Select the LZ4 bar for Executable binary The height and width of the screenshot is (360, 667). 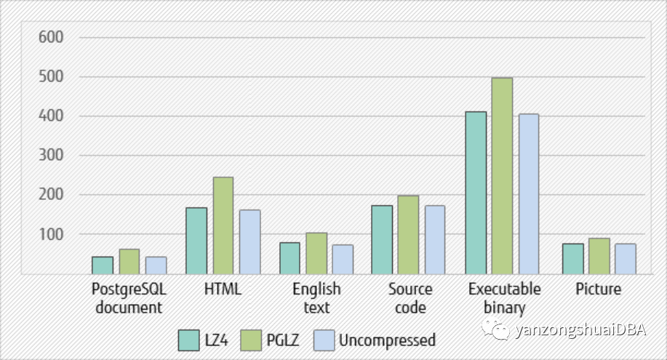click(x=476, y=193)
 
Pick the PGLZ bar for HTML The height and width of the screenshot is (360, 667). click(x=223, y=225)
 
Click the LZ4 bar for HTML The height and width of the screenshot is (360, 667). click(x=196, y=241)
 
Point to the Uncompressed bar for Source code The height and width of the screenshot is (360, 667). click(x=435, y=239)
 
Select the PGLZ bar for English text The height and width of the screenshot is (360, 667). click(x=316, y=253)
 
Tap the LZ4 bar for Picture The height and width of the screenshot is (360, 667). click(x=573, y=258)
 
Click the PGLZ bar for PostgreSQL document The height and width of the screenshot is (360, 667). click(x=129, y=261)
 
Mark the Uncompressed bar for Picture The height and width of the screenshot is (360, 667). click(x=626, y=258)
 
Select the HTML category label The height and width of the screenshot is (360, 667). click(x=223, y=289)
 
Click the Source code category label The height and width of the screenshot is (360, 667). click(x=410, y=298)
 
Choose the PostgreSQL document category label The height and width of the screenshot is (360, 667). click(x=129, y=298)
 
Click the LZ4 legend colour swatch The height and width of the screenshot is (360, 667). click(x=190, y=340)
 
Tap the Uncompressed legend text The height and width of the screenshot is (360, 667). click(x=387, y=340)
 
